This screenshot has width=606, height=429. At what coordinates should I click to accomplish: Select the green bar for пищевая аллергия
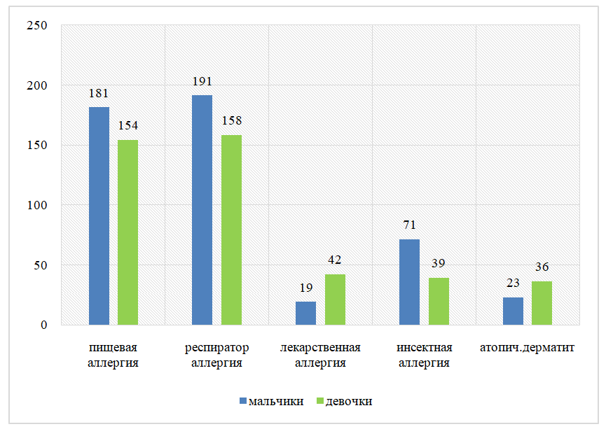click(128, 232)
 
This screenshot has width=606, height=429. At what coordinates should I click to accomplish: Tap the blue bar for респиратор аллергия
click(202, 210)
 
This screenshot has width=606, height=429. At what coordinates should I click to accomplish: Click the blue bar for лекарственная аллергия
click(305, 314)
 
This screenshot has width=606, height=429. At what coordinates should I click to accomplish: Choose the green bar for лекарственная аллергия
click(335, 300)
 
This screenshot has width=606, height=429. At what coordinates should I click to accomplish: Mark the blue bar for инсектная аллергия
click(409, 282)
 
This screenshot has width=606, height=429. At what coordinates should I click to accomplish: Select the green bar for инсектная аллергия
click(439, 302)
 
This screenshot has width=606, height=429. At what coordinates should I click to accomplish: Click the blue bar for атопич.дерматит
click(513, 311)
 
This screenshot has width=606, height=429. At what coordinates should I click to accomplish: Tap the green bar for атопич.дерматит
click(542, 303)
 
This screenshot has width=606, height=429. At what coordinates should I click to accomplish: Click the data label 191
click(202, 82)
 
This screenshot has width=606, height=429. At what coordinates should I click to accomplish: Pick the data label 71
click(409, 225)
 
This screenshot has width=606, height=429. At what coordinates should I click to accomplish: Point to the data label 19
click(306, 288)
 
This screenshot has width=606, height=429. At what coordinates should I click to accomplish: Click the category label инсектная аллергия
click(424, 355)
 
